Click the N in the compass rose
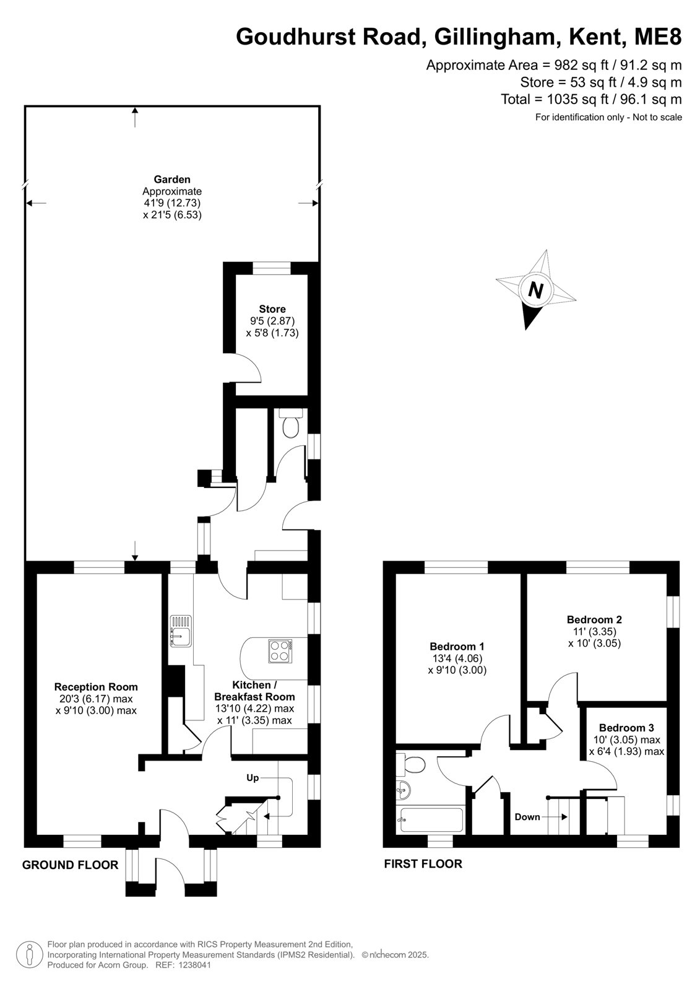pyautogui.click(x=535, y=290)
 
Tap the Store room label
pyautogui.click(x=272, y=309)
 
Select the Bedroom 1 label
pyautogui.click(x=457, y=646)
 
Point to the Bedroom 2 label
pyautogui.click(x=594, y=619)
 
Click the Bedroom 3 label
pyautogui.click(x=626, y=728)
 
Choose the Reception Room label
pyautogui.click(x=96, y=687)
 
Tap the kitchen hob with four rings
pyautogui.click(x=280, y=651)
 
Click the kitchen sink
pyautogui.click(x=181, y=631)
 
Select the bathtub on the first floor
pyautogui.click(x=431, y=820)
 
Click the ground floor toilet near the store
pyautogui.click(x=290, y=423)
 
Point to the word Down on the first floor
pyautogui.click(x=527, y=817)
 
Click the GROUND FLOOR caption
pyautogui.click(x=71, y=865)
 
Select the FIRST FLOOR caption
pyautogui.click(x=423, y=863)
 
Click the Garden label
pyautogui.click(x=172, y=179)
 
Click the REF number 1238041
pyautogui.click(x=195, y=965)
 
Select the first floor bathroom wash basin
pyautogui.click(x=404, y=790)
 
